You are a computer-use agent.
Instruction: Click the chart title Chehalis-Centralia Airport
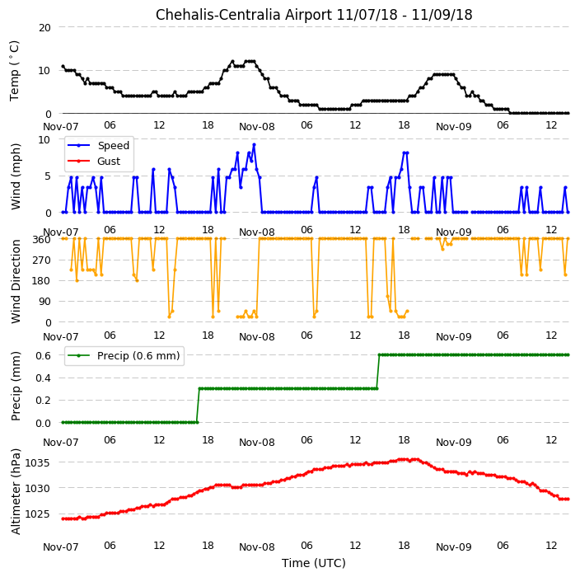[244, 15]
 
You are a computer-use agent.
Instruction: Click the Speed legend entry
[98, 145]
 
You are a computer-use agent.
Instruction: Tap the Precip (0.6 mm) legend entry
[124, 355]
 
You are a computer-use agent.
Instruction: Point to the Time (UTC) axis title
[314, 563]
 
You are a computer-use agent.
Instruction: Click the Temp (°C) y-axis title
[14, 71]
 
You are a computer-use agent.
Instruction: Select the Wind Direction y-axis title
[16, 282]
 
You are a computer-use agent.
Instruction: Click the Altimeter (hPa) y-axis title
[16, 491]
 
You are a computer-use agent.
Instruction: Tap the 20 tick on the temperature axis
[44, 28]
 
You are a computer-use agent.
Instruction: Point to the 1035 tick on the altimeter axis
[37, 463]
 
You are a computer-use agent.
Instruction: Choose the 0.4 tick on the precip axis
[43, 378]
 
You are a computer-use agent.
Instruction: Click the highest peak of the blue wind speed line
[254, 145]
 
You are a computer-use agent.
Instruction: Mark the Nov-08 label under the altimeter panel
[257, 547]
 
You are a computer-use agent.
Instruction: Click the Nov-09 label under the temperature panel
[453, 127]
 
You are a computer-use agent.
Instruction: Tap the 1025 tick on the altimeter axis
[37, 514]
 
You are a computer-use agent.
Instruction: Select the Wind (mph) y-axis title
[16, 176]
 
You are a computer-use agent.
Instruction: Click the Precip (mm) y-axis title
[16, 387]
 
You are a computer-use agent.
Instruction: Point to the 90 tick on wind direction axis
[44, 302]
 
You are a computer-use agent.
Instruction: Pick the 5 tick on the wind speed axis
[48, 176]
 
